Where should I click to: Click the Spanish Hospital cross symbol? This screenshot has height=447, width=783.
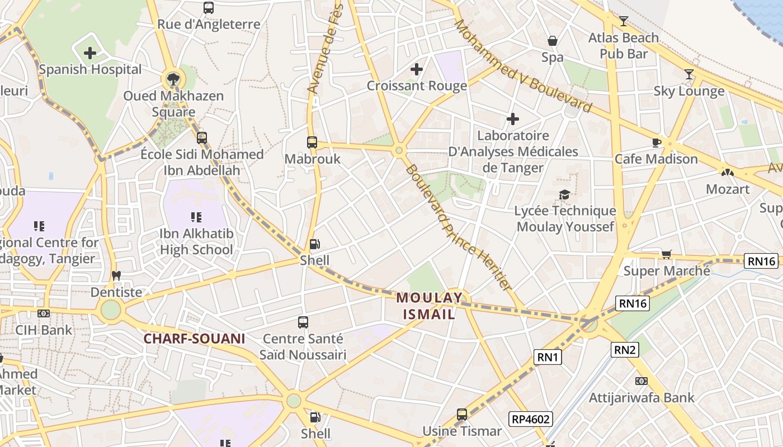pyautogui.click(x=90, y=53)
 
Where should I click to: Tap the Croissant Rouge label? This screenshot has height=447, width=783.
pyautogui.click(x=417, y=86)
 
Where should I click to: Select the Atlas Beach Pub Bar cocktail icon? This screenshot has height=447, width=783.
pyautogui.click(x=623, y=21)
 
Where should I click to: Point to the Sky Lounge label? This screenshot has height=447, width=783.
pyautogui.click(x=689, y=91)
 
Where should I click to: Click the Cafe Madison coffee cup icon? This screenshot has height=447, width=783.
pyautogui.click(x=657, y=142)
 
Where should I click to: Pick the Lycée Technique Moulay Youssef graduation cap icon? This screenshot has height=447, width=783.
pyautogui.click(x=565, y=194)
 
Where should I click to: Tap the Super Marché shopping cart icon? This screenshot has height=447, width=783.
pyautogui.click(x=666, y=255)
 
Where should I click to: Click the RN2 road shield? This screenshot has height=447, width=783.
pyautogui.click(x=625, y=350)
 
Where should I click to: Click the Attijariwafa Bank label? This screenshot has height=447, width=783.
pyautogui.click(x=642, y=398)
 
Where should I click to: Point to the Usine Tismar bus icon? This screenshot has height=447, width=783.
pyautogui.click(x=462, y=415)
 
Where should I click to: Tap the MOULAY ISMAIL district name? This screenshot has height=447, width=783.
pyautogui.click(x=430, y=306)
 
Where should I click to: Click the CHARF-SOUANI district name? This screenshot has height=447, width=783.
pyautogui.click(x=194, y=339)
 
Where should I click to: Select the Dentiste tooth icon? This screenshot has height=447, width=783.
pyautogui.click(x=116, y=275)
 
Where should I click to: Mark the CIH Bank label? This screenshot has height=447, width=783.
pyautogui.click(x=44, y=330)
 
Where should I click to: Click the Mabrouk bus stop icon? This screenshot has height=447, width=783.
pyautogui.click(x=312, y=142)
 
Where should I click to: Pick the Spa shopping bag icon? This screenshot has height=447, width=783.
pyautogui.click(x=553, y=41)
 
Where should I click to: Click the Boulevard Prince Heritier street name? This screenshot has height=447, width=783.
pyautogui.click(x=459, y=227)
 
